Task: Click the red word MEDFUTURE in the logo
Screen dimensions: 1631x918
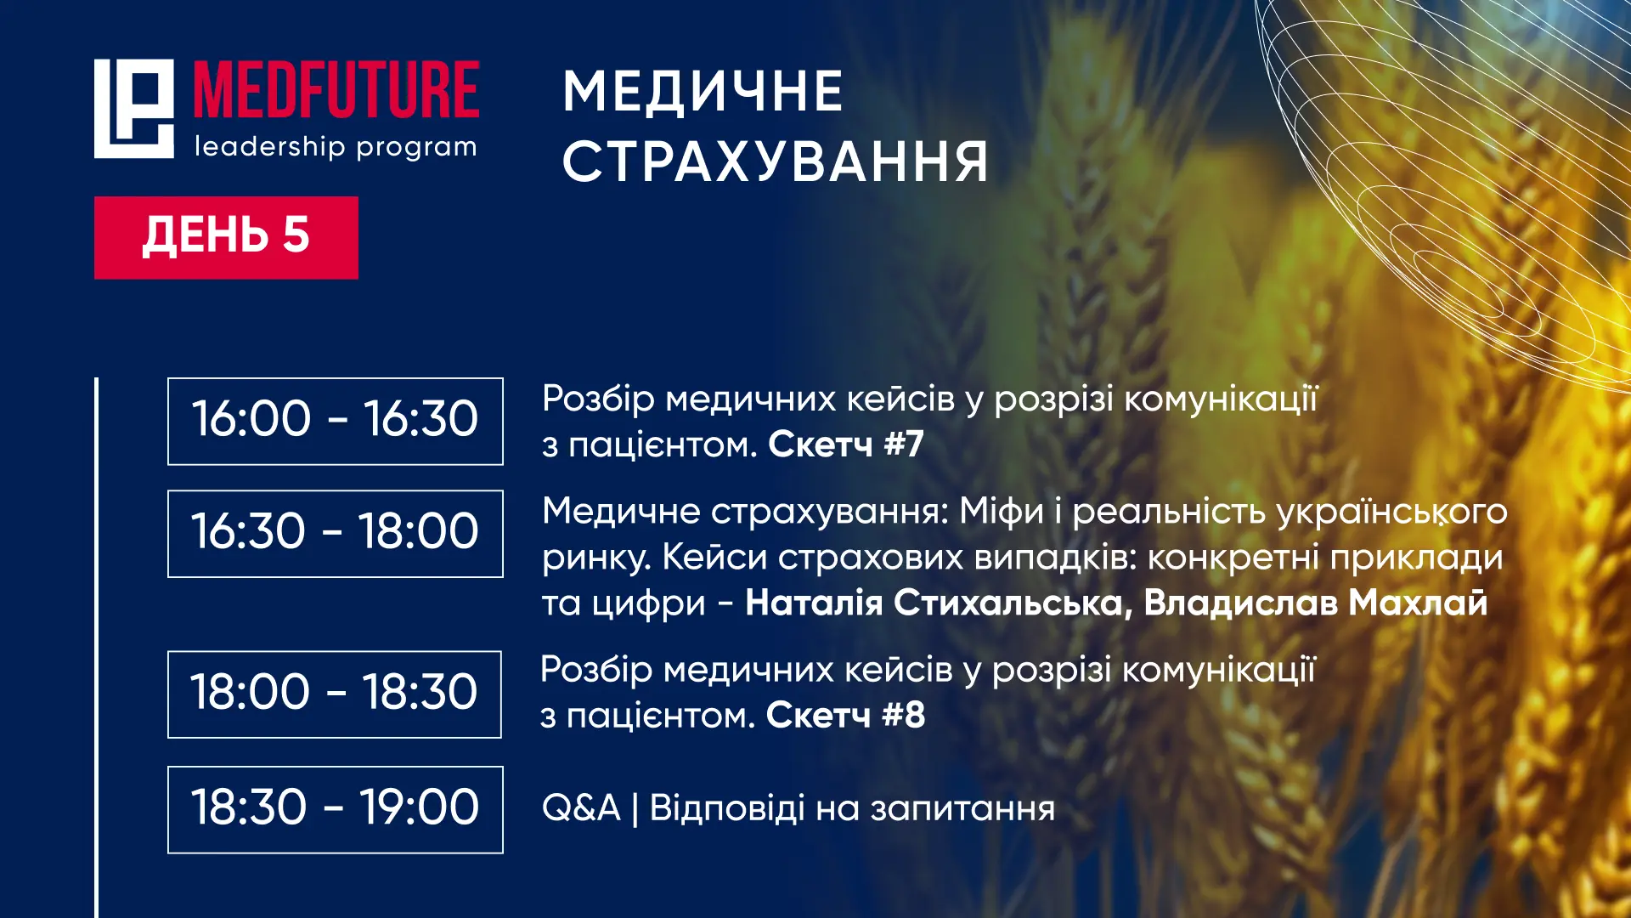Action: point(336,89)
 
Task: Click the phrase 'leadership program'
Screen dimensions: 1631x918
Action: point(336,147)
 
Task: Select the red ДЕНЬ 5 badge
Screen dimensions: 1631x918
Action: point(226,237)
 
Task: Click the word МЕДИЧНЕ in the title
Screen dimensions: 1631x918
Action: point(703,92)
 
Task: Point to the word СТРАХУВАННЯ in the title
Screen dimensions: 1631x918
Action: point(776,161)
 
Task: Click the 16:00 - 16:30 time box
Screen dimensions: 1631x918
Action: point(336,421)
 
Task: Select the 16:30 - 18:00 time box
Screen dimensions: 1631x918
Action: point(336,534)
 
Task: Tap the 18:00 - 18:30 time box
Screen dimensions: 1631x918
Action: point(335,694)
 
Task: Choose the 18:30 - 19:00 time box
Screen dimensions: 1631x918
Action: point(336,809)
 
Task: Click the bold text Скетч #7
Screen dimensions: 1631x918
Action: point(846,444)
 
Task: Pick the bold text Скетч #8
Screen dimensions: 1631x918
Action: point(845,715)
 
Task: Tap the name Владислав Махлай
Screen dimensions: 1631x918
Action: point(1316,603)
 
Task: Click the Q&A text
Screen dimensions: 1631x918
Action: point(581,807)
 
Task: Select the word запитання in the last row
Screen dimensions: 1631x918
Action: point(962,809)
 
